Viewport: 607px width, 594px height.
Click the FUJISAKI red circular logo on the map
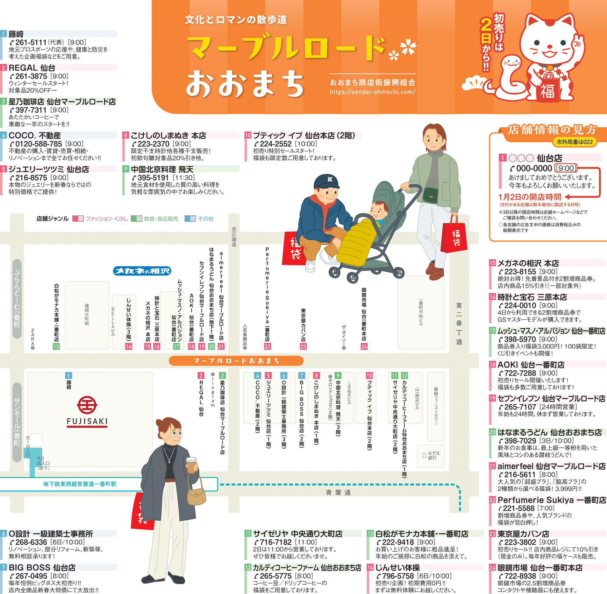click(87, 405)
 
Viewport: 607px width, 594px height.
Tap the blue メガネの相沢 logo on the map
click(142, 271)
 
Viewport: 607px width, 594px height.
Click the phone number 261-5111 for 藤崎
click(31, 42)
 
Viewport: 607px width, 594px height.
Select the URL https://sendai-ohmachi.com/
click(372, 92)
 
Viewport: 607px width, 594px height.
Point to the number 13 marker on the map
click(56, 346)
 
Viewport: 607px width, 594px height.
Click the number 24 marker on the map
click(364, 346)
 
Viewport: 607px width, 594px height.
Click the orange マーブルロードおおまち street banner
click(236, 361)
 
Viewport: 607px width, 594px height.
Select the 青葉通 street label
click(338, 493)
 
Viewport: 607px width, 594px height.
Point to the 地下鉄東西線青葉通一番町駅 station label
click(80, 484)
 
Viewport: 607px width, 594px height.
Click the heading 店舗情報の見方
click(552, 130)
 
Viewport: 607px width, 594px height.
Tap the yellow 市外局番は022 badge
click(575, 142)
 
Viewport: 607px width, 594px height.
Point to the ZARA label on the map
click(32, 337)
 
